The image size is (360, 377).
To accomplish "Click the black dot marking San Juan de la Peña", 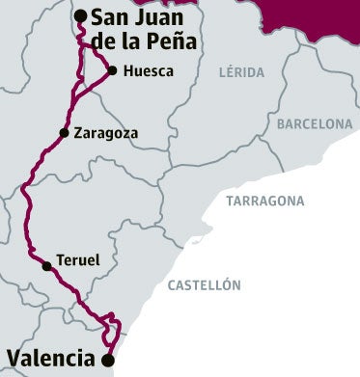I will pos(82,14).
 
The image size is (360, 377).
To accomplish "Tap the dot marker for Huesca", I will pos(113,70).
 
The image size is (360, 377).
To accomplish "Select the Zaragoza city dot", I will pos(65,133).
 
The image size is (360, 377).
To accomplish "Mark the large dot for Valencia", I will pos(108,360).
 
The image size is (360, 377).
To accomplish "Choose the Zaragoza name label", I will pos(105,133).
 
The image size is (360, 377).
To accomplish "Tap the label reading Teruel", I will pos(77,260).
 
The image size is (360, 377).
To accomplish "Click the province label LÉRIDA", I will pos(241,72).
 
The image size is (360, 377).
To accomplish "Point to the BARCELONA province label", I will pos(315,123).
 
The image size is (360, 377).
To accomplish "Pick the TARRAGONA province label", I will pos(264,201).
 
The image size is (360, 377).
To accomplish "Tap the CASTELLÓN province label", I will pos(204,284).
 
